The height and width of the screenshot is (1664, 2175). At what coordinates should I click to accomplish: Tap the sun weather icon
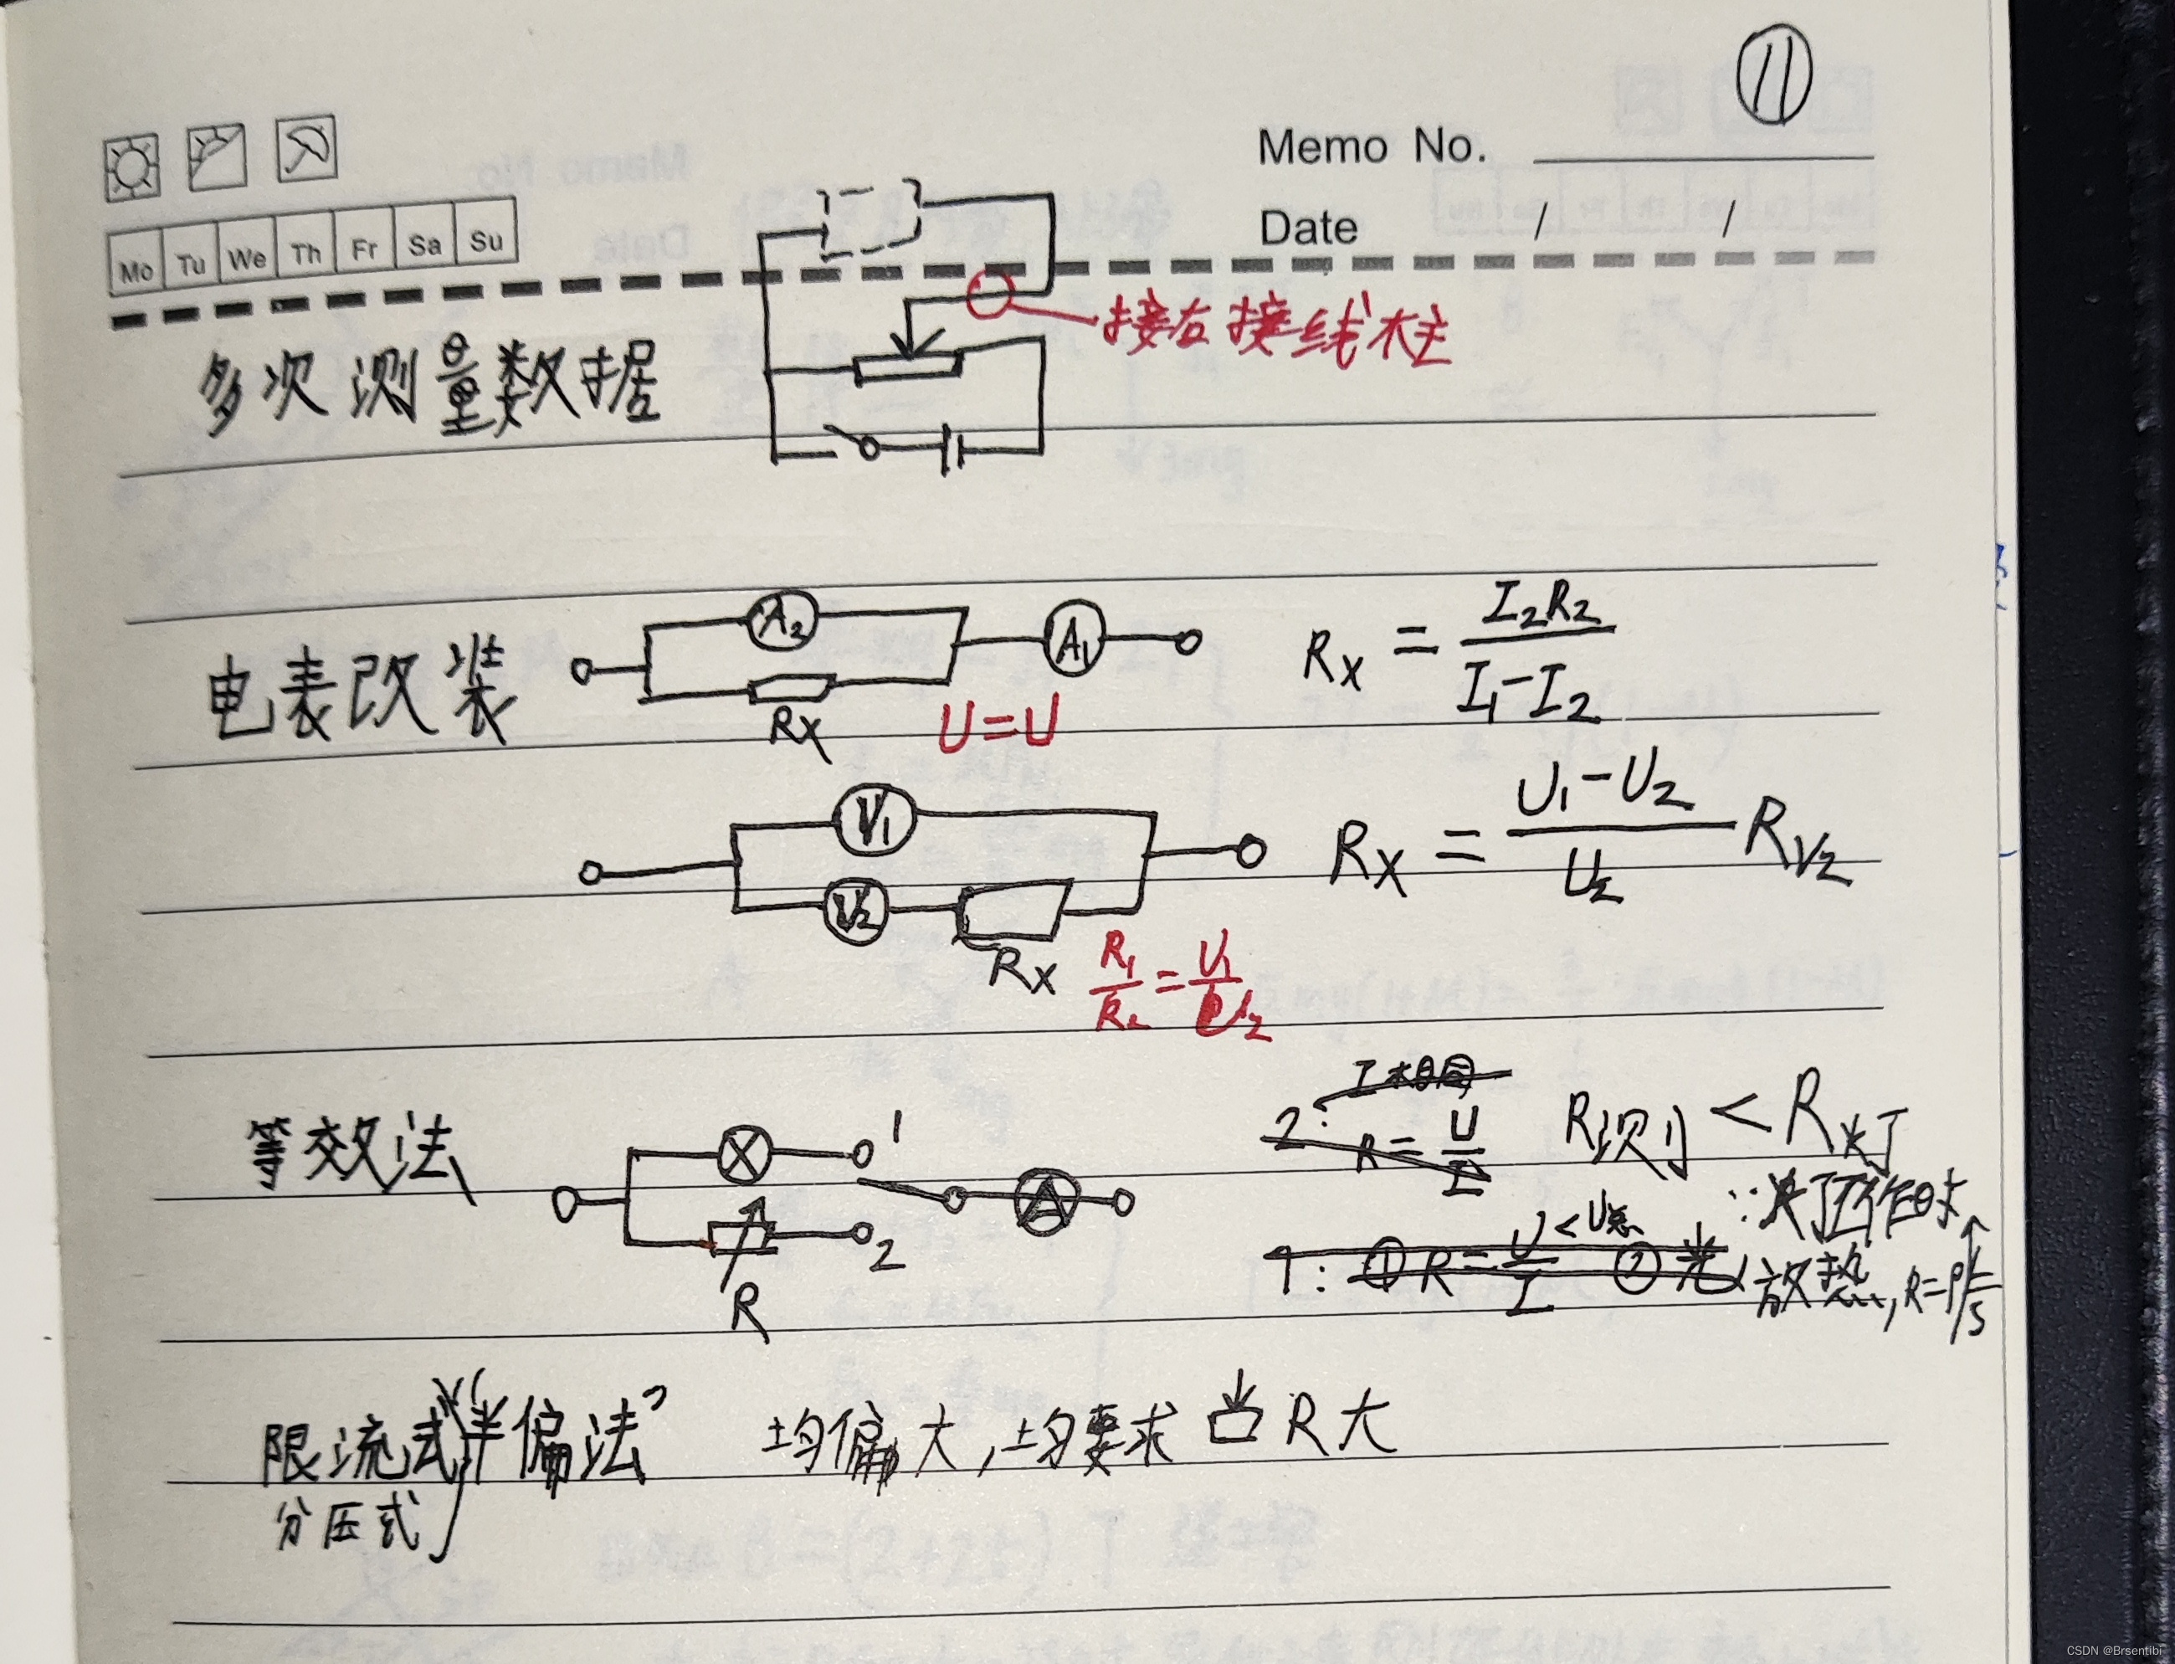[x=131, y=168]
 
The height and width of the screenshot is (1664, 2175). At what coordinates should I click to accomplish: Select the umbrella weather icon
[x=306, y=151]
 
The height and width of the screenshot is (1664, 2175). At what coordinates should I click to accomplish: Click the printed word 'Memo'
[x=1322, y=147]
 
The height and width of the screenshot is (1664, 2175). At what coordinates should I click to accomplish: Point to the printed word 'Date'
[x=1307, y=228]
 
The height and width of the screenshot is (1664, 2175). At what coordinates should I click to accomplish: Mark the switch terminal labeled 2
[x=864, y=1233]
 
